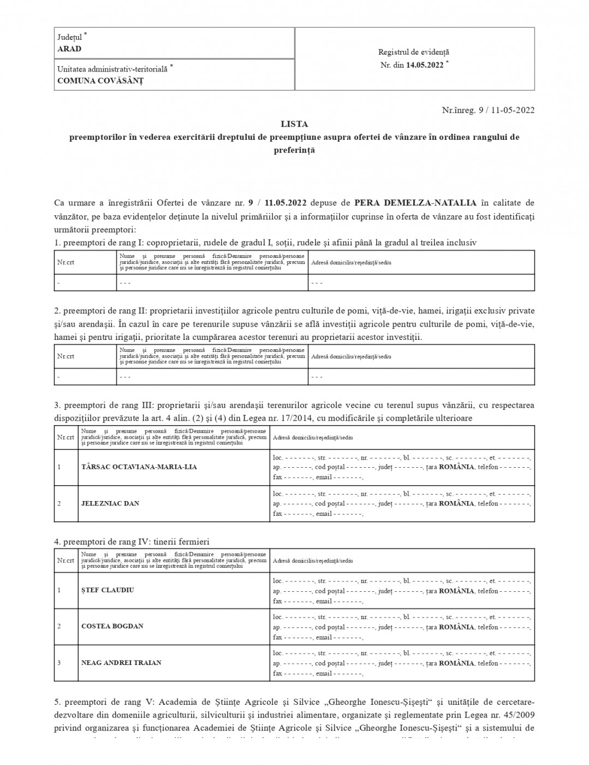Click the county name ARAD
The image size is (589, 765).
69,49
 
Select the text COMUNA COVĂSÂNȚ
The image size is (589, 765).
100,81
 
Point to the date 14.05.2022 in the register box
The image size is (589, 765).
425,66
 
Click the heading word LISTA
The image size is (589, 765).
294,125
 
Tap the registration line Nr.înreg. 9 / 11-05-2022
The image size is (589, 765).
488,110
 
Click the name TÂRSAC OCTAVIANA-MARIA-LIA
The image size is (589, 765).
139,467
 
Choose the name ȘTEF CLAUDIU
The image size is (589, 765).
108,590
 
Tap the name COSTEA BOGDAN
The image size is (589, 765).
112,626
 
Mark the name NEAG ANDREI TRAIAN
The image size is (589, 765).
121,663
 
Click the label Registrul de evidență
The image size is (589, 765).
414,52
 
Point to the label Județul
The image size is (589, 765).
70,38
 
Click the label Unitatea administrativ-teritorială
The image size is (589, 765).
113,69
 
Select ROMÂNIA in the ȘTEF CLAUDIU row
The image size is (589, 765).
456,591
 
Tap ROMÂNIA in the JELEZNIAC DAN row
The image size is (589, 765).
456,504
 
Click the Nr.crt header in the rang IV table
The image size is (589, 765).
66,561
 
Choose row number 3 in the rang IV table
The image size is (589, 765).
59,663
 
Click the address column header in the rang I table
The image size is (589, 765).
351,263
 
